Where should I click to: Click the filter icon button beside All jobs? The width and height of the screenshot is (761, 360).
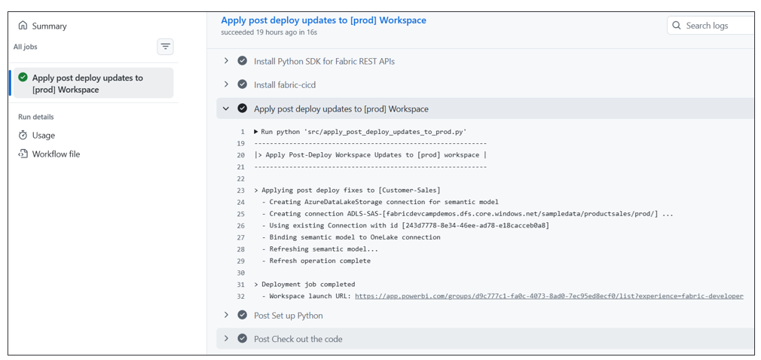click(x=166, y=47)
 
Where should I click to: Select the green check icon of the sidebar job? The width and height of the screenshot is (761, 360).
click(x=23, y=78)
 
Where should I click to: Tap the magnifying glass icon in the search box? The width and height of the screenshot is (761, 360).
click(x=677, y=26)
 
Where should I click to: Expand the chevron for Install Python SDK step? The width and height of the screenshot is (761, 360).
click(x=226, y=61)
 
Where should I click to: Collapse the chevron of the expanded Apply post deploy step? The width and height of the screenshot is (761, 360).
click(x=226, y=108)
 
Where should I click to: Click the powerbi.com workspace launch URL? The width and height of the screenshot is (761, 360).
click(x=549, y=296)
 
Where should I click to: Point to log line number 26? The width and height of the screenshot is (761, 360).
click(x=241, y=226)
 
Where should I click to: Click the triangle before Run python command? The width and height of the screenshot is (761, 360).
click(x=255, y=132)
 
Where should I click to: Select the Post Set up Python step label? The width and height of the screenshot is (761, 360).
click(x=289, y=316)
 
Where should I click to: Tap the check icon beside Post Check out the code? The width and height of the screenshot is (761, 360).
click(x=242, y=339)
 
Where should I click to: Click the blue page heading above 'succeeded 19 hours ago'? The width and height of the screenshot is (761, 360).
click(x=324, y=20)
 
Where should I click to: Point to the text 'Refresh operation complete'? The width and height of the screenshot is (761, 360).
click(x=319, y=261)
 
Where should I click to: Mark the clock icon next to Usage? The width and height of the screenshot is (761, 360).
click(x=23, y=136)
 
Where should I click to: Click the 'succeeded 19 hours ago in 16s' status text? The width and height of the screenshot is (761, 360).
click(x=269, y=32)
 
